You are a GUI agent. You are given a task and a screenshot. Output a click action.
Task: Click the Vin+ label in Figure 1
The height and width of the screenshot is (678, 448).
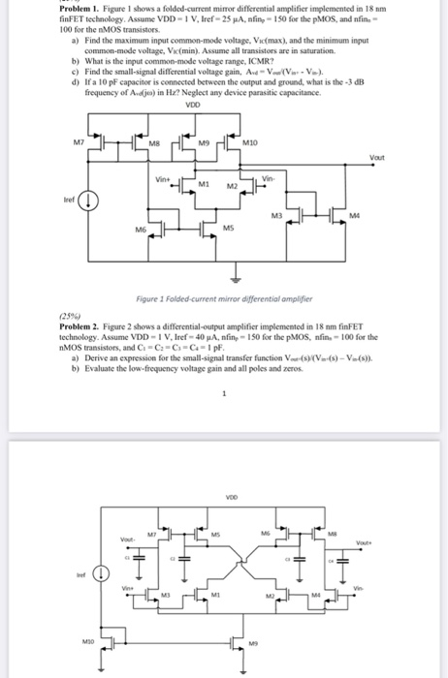click(x=162, y=178)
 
